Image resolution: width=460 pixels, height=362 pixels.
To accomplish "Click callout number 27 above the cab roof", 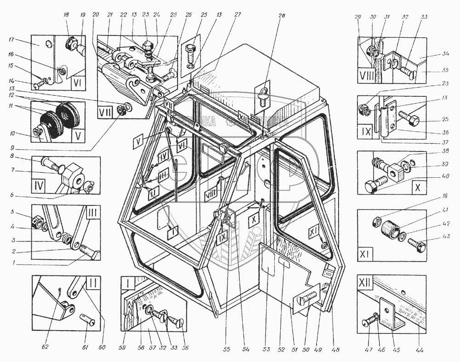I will point(237,15).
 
